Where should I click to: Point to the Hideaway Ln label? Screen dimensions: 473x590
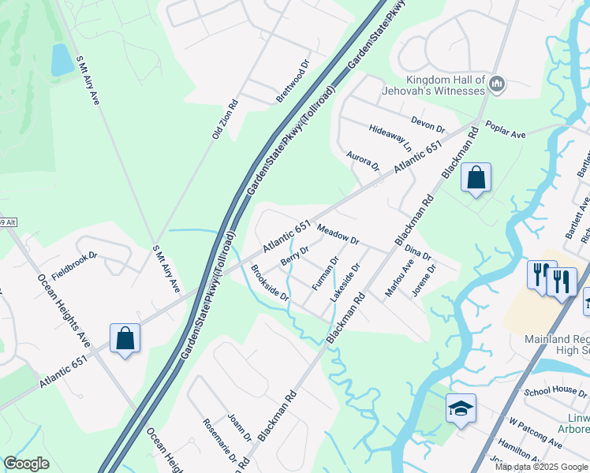tap(390, 137)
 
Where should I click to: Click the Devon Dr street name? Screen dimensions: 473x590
tap(428, 124)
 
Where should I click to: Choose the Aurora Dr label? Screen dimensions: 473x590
tap(364, 162)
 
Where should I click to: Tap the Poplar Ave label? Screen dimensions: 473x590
tap(506, 130)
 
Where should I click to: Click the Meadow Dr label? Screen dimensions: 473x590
tap(338, 234)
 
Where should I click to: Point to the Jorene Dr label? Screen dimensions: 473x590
tap(424, 280)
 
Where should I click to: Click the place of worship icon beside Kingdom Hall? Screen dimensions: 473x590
tap(497, 84)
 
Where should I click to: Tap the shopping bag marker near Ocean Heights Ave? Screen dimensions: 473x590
tap(125, 339)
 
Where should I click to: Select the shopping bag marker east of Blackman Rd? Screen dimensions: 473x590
tap(476, 178)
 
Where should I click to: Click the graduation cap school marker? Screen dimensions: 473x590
tap(461, 408)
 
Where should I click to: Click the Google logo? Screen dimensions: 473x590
tap(26, 464)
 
